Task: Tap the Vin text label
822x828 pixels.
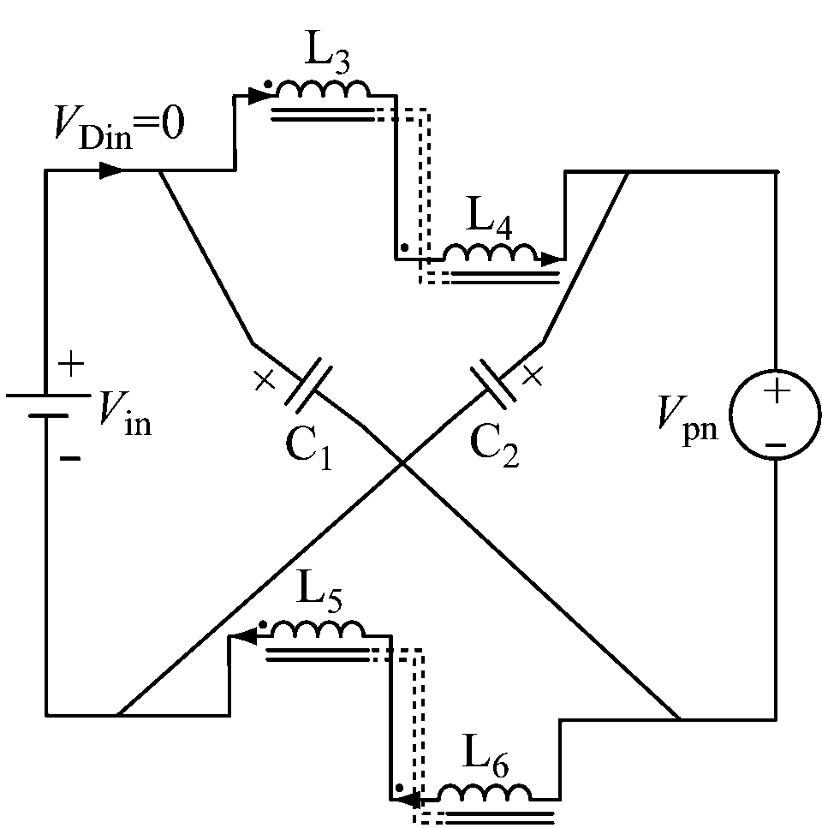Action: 124,416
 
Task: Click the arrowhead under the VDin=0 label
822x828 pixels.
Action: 110,170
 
